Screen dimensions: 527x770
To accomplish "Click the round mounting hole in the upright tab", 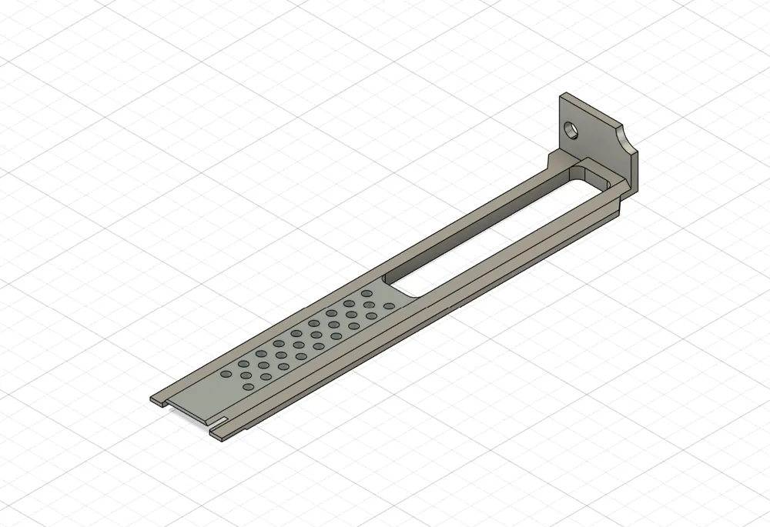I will point(571,128).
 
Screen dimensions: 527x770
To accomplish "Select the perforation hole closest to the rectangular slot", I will point(389,306).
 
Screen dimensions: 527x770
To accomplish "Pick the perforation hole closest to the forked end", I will point(226,374).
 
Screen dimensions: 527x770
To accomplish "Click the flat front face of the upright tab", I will point(593,138).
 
